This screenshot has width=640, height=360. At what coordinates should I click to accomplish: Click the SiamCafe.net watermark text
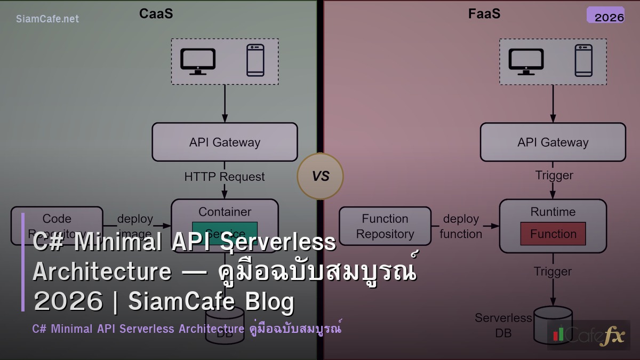click(47, 19)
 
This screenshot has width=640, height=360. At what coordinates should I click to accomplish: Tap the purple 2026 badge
click(605, 15)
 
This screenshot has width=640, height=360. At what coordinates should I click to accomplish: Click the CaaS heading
click(156, 14)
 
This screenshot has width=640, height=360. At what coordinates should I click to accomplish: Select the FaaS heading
click(484, 14)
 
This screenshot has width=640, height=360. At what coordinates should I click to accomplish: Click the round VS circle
click(320, 176)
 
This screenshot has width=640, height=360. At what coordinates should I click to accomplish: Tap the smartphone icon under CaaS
click(255, 60)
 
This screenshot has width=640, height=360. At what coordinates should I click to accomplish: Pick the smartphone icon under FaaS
click(583, 60)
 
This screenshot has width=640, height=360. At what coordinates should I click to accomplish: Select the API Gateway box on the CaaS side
click(225, 142)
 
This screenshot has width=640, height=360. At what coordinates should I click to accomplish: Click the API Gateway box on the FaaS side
click(553, 142)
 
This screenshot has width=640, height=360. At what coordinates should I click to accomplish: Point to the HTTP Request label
click(225, 177)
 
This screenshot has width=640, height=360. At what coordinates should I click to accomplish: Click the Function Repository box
click(385, 226)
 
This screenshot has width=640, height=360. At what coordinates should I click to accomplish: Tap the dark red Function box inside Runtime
click(553, 234)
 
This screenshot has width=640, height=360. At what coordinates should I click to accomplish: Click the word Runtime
click(553, 212)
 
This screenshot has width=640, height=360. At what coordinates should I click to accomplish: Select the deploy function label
click(461, 227)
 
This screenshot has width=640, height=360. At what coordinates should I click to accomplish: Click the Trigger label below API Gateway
click(554, 175)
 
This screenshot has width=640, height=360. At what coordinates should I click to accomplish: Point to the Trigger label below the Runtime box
click(553, 271)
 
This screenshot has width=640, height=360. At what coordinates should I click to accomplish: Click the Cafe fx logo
click(588, 335)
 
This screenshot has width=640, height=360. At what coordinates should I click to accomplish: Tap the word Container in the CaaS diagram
click(225, 212)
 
